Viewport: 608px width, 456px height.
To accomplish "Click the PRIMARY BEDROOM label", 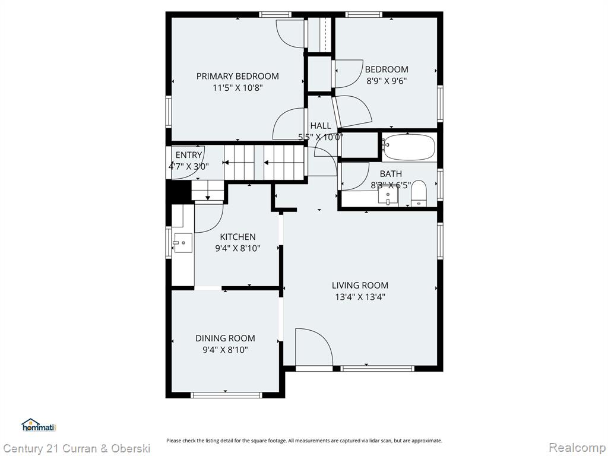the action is tap(237, 76).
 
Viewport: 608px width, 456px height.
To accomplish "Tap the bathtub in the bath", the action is tap(408, 146).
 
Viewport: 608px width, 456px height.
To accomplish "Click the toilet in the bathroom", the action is tap(419, 193).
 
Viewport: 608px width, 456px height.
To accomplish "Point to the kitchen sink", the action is tap(183, 243).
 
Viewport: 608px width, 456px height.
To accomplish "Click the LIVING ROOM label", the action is tap(360, 286).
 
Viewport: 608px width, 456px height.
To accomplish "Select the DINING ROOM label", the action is tap(225, 338).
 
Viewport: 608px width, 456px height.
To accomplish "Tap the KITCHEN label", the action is tap(237, 236).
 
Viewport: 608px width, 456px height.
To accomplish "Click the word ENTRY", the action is tap(188, 155).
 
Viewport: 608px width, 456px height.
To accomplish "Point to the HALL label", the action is tap(321, 126).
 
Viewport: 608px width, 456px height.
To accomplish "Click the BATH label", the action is tap(391, 174).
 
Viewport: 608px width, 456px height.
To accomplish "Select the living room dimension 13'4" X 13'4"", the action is tap(360, 297).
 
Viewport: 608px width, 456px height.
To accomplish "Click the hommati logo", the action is tap(39, 425).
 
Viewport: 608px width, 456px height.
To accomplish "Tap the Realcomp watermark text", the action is tap(577, 448).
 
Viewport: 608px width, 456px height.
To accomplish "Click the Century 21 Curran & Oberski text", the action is tap(76, 449).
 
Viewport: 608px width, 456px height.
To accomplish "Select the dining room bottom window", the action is tap(227, 395).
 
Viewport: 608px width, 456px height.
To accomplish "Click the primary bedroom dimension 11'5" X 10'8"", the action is tap(237, 88).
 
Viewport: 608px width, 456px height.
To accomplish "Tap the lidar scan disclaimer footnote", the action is tap(305, 441).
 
